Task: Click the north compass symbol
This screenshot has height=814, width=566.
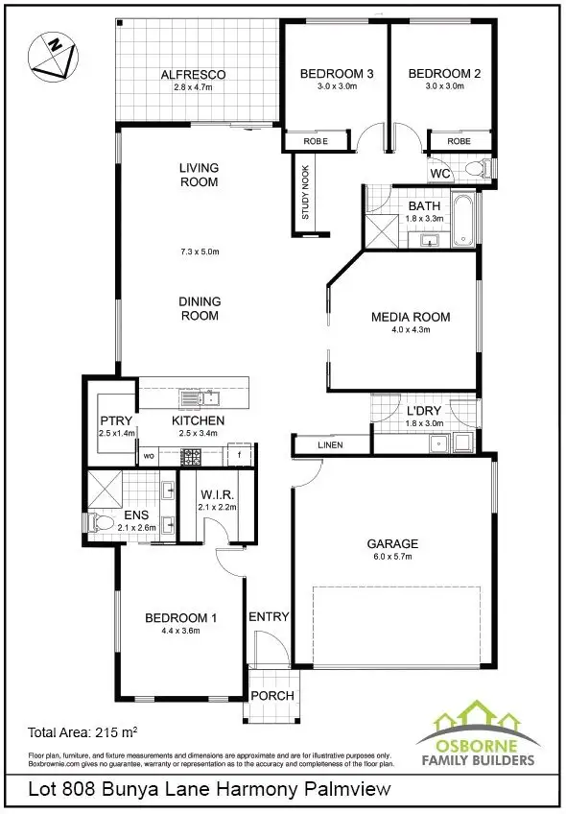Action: (51, 54)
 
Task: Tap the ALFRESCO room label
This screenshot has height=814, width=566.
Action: (193, 74)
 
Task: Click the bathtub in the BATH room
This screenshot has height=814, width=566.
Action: (464, 221)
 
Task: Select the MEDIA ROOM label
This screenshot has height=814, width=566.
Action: (411, 317)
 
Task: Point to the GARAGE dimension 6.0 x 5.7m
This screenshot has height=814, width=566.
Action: (392, 558)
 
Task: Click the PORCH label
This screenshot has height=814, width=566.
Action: (272, 696)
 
